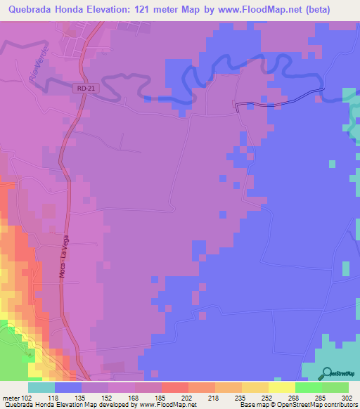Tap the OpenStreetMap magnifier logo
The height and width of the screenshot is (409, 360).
[x=327, y=373]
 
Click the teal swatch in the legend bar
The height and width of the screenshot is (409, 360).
[x=41, y=387]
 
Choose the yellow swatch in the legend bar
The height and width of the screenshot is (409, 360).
[x=281, y=387]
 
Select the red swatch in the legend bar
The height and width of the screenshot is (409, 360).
[x=174, y=387]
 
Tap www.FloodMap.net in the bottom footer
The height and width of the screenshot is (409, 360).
[x=158, y=405]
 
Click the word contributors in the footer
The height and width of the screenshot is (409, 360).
[x=337, y=405]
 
